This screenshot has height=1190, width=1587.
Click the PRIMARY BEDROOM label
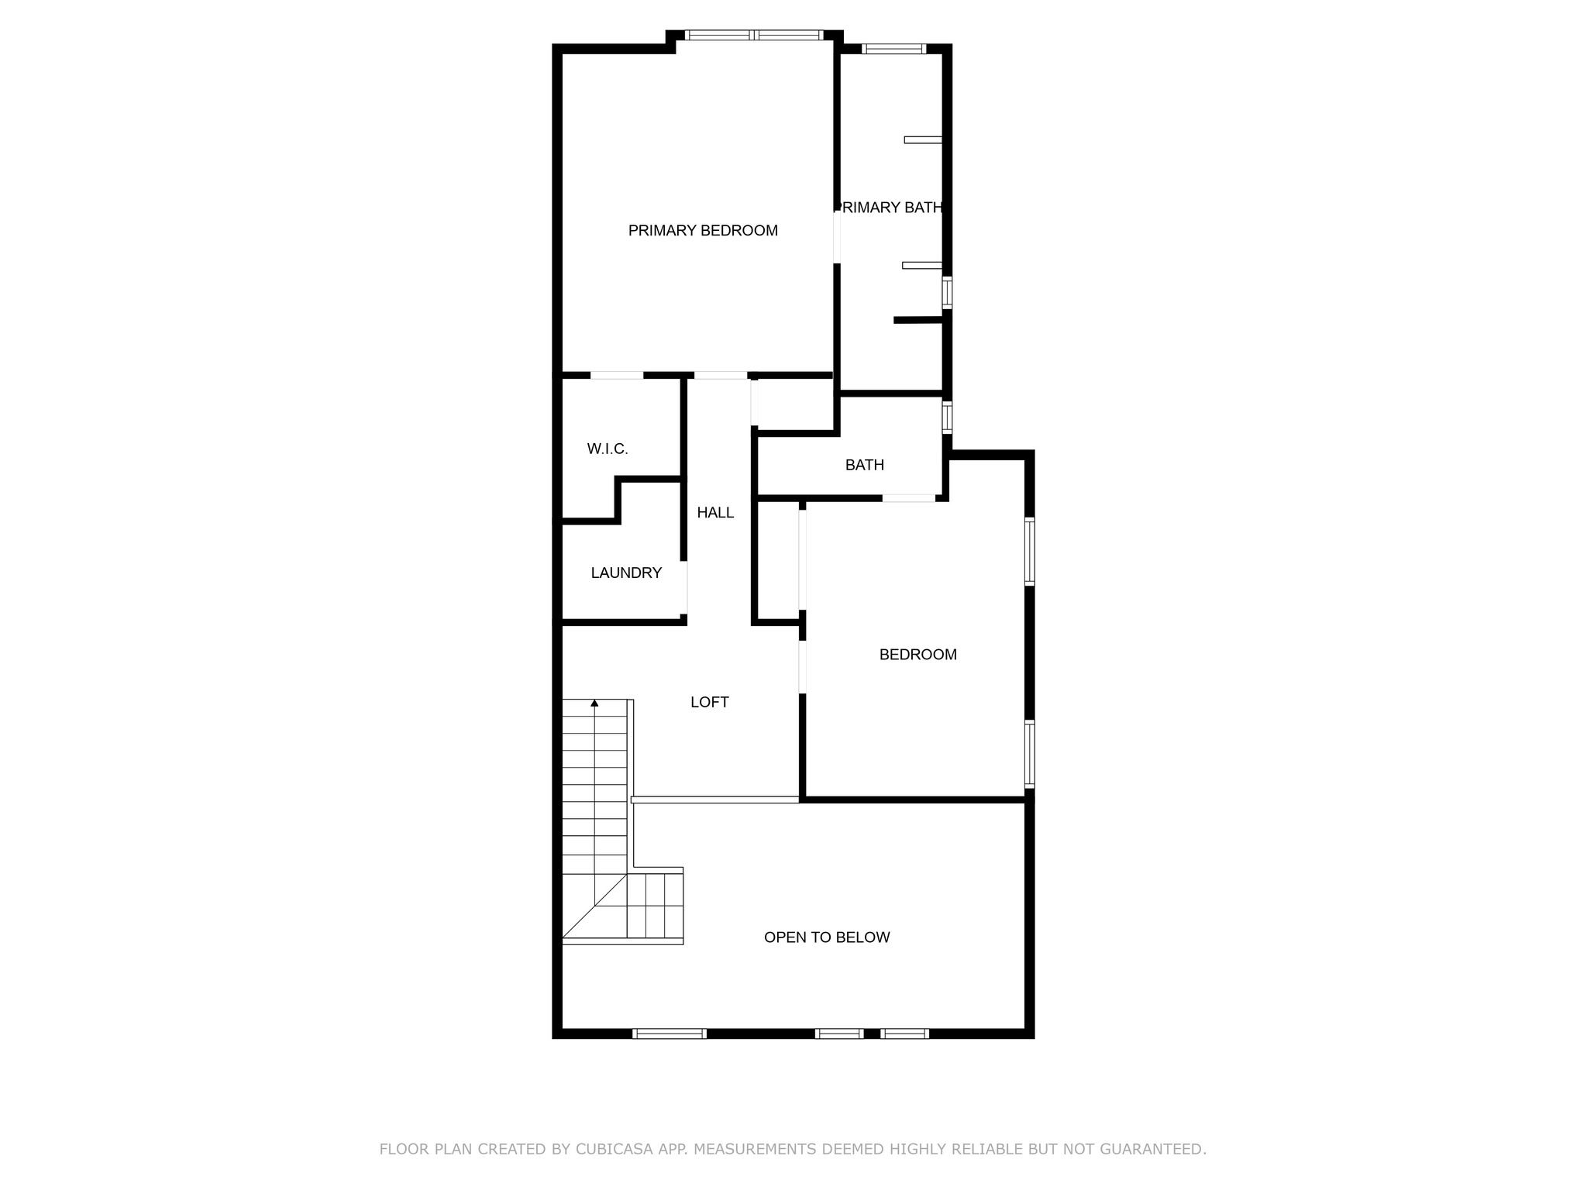[703, 230]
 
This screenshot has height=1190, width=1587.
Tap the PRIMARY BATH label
[891, 208]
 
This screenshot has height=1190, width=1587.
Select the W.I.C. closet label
[608, 449]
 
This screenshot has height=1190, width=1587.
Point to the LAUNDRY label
[626, 573]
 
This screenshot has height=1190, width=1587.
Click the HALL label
[715, 512]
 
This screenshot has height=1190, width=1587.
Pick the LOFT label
[710, 702]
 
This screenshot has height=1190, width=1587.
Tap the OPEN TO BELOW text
[827, 937]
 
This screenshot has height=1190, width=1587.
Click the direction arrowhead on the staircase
[594, 703]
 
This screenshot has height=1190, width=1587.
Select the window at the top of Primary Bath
[893, 49]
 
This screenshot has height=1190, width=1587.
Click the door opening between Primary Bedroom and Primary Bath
[837, 236]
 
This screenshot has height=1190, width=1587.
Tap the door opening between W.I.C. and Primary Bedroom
[617, 376]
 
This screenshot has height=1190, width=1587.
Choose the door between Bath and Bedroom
[908, 498]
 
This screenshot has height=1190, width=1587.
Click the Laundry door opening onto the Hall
[684, 587]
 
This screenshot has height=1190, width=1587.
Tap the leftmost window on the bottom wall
[670, 1034]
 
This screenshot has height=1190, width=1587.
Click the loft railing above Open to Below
[714, 800]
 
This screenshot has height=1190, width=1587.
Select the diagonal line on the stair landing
[594, 906]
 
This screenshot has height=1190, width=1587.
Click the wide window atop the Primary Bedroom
[754, 35]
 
